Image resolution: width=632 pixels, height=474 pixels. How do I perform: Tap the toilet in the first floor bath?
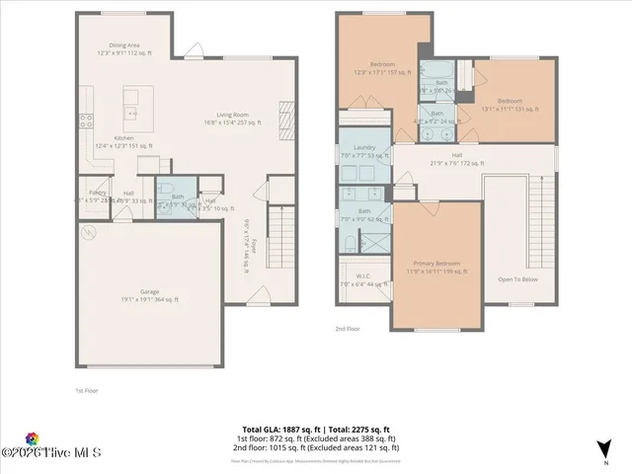click(167, 189)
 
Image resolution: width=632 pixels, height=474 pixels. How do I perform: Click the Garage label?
click(150, 292)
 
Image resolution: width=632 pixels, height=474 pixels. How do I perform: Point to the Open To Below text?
click(517, 278)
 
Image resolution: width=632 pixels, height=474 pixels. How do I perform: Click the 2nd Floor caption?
click(348, 329)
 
